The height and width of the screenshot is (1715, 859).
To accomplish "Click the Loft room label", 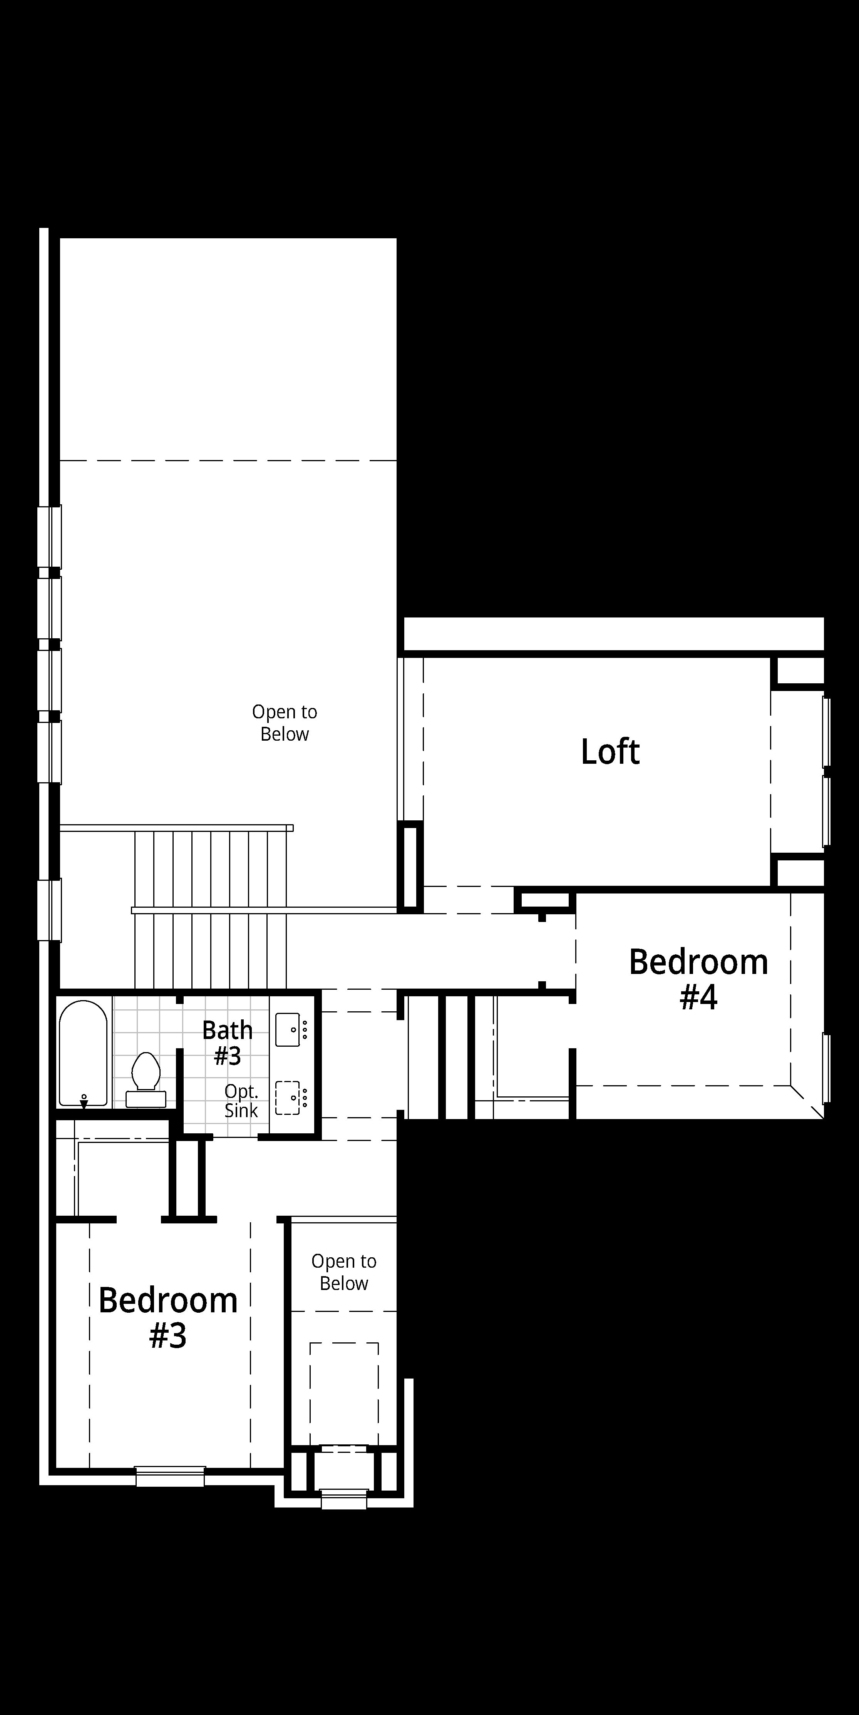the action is (x=610, y=752).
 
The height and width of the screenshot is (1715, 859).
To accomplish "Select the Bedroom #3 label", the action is (x=168, y=1318).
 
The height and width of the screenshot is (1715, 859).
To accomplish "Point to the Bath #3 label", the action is (x=228, y=1042).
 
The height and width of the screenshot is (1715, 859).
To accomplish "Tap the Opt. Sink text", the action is (x=241, y=1101).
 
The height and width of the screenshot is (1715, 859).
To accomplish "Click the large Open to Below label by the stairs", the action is (x=284, y=723).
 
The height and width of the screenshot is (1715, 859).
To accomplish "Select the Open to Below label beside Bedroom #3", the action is (x=343, y=1272).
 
